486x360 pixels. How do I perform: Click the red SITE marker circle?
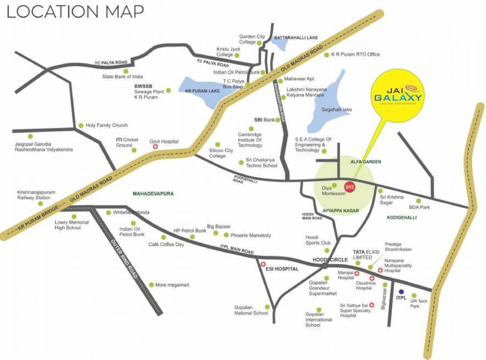(349, 187)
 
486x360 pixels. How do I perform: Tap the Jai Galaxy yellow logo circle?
(397, 96)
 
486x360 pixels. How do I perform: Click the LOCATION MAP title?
(75, 11)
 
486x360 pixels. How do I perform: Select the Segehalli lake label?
(336, 110)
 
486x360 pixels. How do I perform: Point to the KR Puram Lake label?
(202, 90)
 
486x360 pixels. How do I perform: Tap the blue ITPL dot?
(401, 292)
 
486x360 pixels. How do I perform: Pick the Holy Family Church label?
(106, 125)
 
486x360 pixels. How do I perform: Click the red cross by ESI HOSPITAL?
(263, 264)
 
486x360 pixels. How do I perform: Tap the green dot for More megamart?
(151, 285)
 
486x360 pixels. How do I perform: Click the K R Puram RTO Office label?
(355, 54)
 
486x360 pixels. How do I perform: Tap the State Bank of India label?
(123, 76)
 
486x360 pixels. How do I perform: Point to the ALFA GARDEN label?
(366, 161)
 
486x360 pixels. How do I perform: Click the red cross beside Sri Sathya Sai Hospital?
(372, 305)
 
